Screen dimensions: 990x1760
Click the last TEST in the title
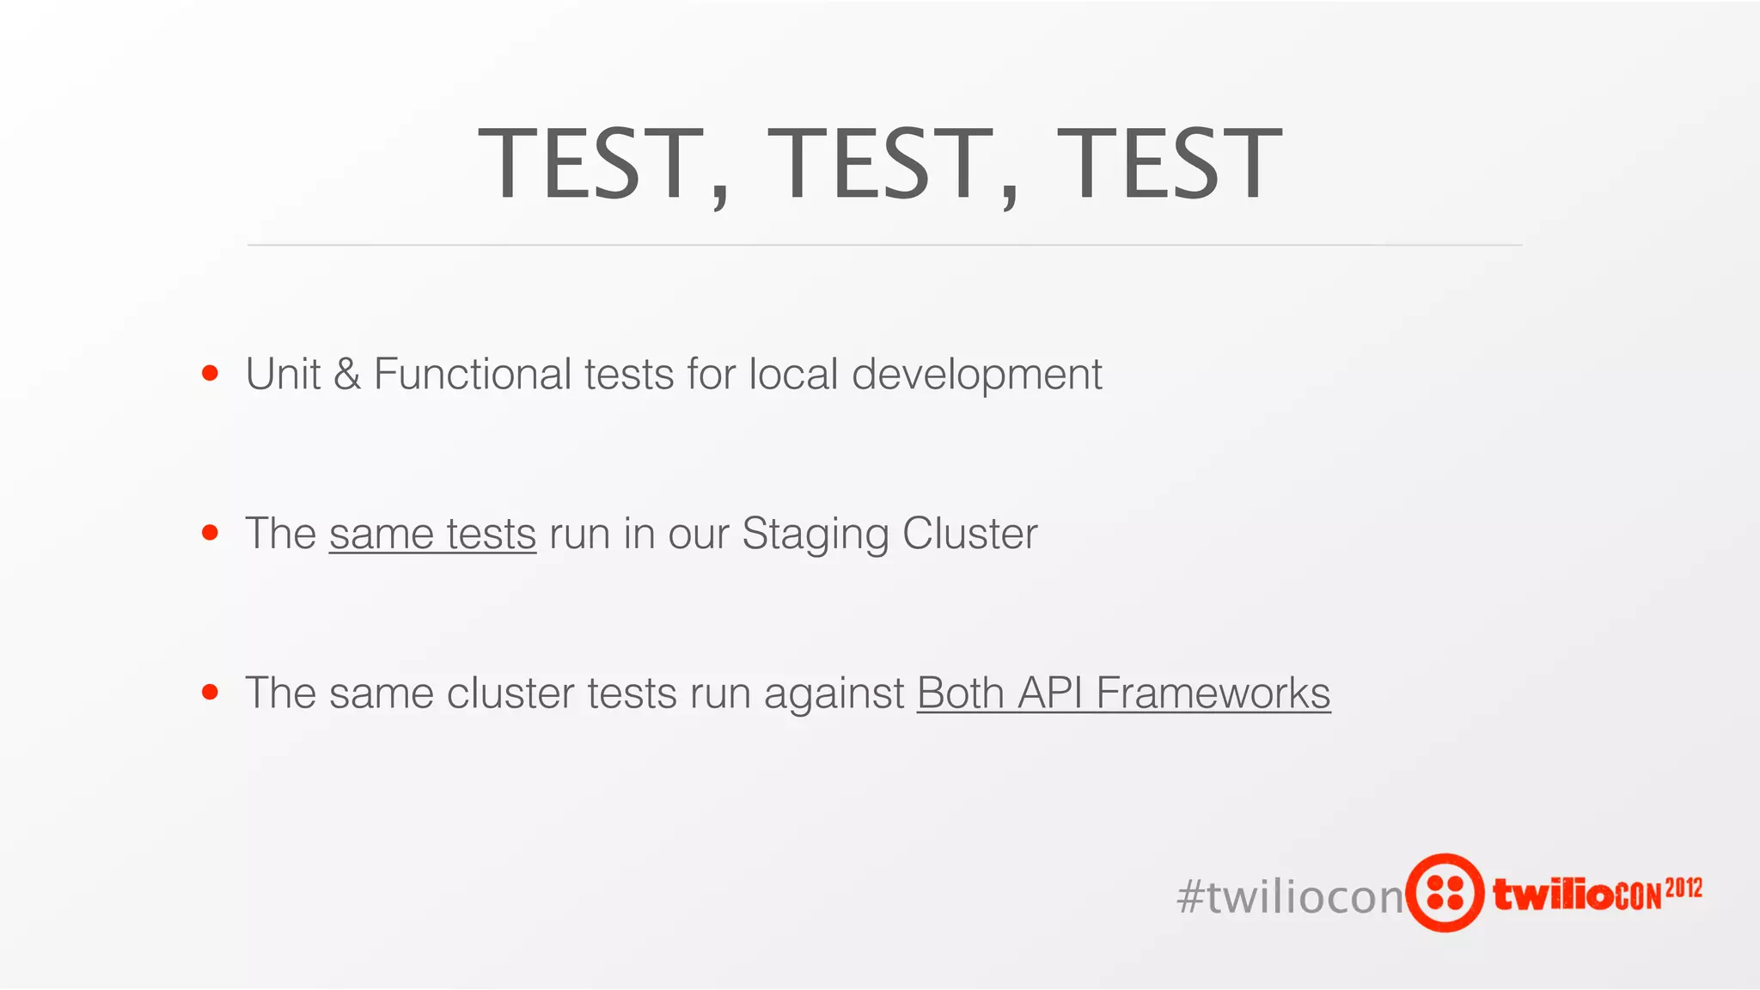(1169, 163)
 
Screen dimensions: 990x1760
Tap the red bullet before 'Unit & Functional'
(210, 373)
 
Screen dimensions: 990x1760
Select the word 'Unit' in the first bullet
(283, 375)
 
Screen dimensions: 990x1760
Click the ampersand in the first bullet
(347, 375)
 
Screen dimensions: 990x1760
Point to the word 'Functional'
(473, 375)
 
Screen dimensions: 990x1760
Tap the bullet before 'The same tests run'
(210, 533)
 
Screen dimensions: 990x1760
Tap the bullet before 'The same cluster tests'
(210, 692)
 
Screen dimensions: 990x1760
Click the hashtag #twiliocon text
(1289, 896)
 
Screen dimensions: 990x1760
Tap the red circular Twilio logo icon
(1445, 893)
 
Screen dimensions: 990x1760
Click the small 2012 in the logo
(1684, 888)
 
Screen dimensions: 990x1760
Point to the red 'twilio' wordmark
(1554, 895)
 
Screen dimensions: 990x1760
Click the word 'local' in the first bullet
(793, 375)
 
